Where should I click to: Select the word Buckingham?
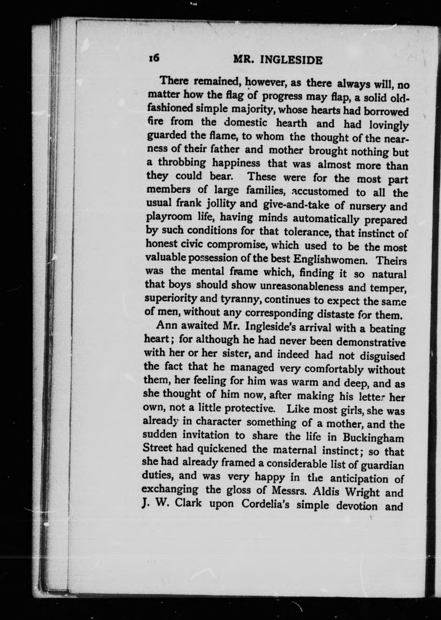373,438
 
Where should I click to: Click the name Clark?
188,503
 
